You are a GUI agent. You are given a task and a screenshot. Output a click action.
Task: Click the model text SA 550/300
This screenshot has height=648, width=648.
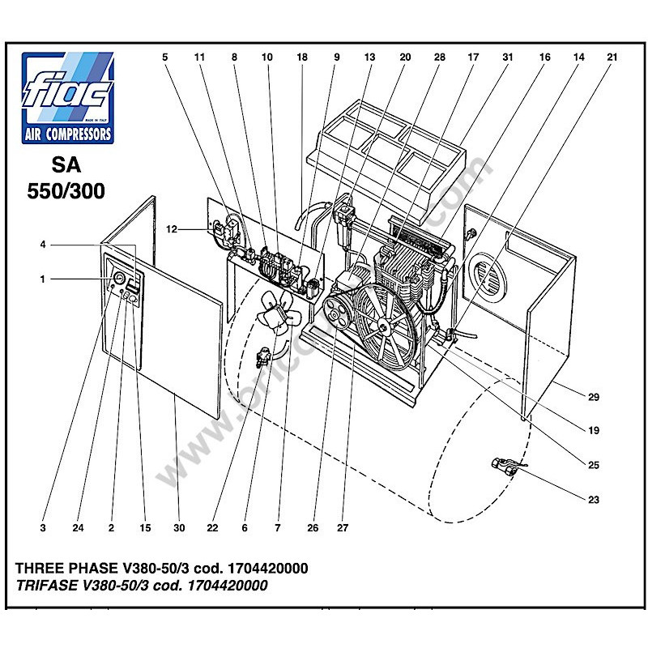click(69, 177)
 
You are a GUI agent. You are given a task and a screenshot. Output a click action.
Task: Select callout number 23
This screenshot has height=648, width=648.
click(594, 500)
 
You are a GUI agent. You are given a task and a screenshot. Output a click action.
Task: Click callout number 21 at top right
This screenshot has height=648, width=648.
click(612, 58)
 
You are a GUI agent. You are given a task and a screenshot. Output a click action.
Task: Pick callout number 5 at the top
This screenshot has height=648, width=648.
click(165, 58)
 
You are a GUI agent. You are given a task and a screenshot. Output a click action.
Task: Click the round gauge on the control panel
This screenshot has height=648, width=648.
click(119, 279)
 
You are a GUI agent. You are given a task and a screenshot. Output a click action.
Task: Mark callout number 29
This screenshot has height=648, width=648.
click(594, 397)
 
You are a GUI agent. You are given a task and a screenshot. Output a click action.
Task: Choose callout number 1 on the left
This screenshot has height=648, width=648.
click(42, 279)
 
